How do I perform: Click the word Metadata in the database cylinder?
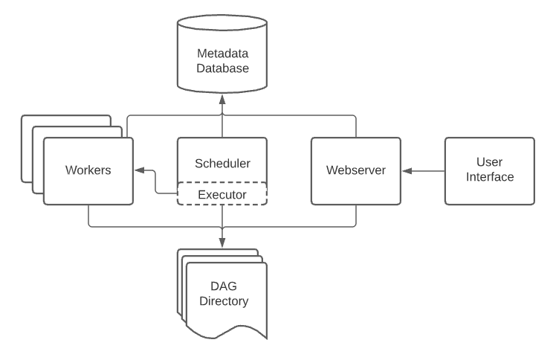(x=221, y=54)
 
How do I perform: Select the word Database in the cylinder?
(x=221, y=68)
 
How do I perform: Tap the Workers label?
(x=88, y=170)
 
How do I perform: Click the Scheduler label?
(x=221, y=163)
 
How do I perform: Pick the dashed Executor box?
(x=221, y=194)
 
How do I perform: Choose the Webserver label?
(x=355, y=170)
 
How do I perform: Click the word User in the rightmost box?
(x=489, y=161)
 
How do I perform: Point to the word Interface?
(x=489, y=177)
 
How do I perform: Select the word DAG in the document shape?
(x=225, y=287)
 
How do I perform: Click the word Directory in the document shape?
(x=225, y=302)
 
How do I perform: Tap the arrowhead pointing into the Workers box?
(x=138, y=171)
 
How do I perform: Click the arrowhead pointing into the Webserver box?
(x=405, y=171)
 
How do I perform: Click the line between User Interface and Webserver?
(x=427, y=171)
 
